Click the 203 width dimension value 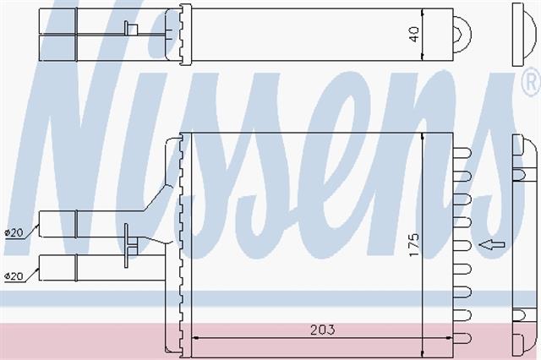tap(322, 330)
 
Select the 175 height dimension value tap(413, 245)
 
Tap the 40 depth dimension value tap(413, 34)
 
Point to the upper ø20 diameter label tap(14, 232)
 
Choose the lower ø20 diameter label tap(14, 276)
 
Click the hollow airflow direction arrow tap(492, 245)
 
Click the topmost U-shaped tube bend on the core tap(462, 153)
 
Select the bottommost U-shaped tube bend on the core tap(462, 338)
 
